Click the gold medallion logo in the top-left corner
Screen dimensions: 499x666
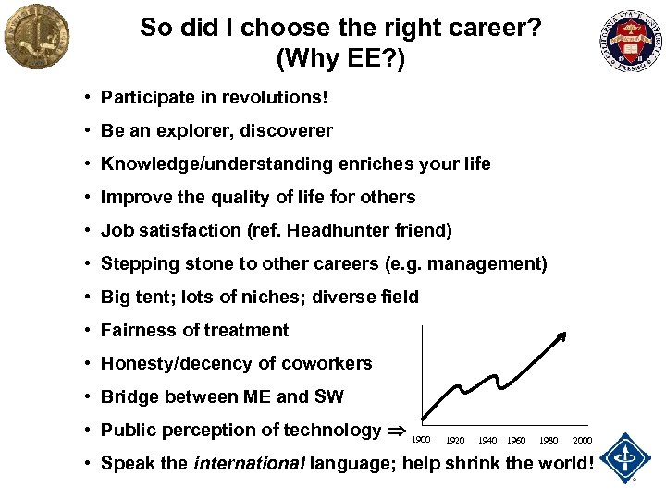[x=36, y=36]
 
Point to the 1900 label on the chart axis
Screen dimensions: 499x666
[x=421, y=440]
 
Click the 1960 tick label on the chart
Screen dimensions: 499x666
[x=516, y=440]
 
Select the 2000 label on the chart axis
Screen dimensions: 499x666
[x=583, y=440]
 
